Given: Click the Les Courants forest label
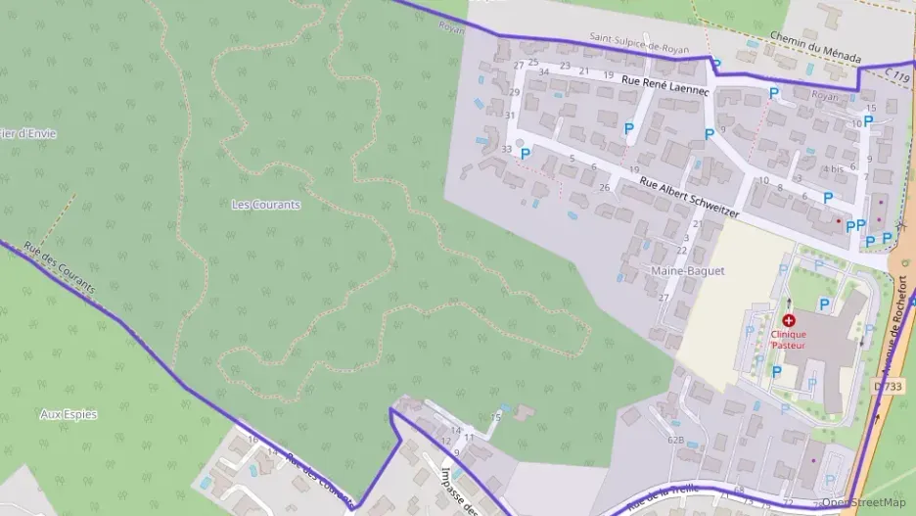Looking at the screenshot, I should tap(265, 205).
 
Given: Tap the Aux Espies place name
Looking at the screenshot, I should tap(69, 414).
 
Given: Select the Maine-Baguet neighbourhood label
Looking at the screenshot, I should tap(687, 270).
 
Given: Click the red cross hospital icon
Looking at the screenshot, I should tap(788, 319).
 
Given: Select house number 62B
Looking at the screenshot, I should tap(675, 441).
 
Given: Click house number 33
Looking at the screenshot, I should tap(506, 149).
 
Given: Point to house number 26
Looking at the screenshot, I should tap(605, 187).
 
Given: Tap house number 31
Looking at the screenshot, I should tap(510, 116).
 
